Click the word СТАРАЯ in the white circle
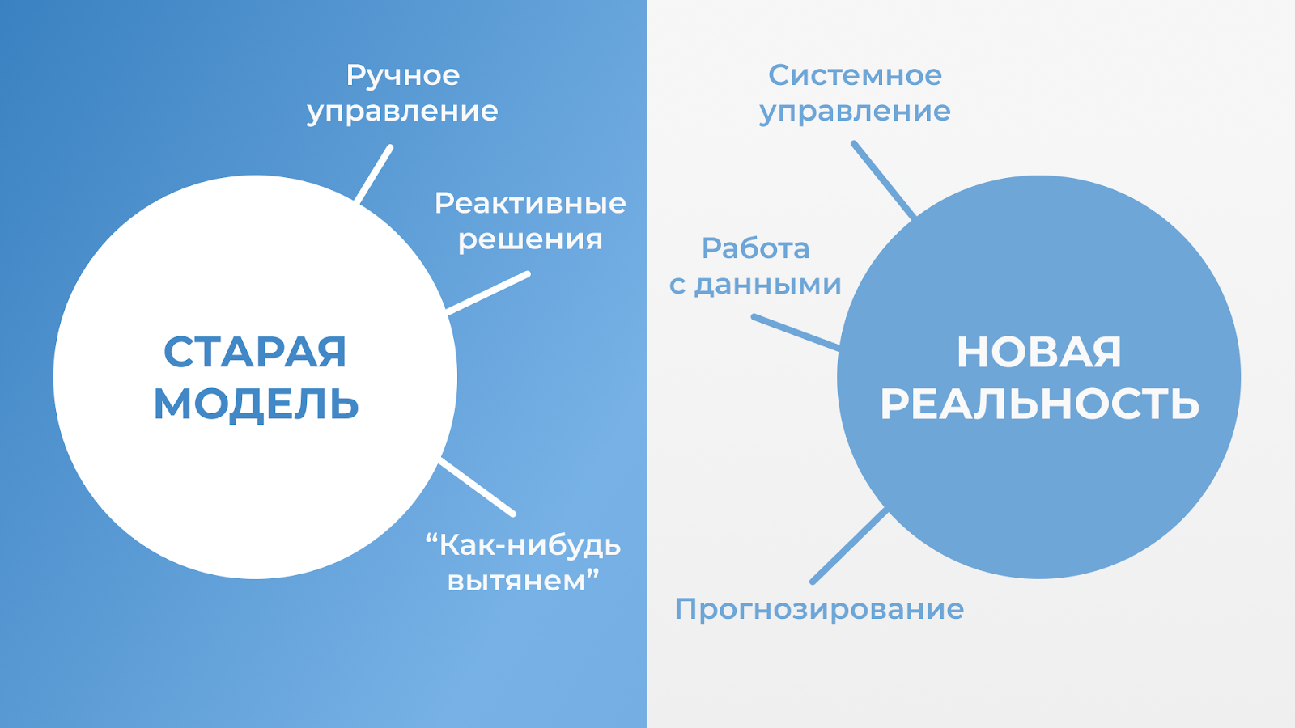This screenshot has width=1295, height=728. click(255, 352)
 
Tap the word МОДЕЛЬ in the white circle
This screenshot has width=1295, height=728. click(256, 404)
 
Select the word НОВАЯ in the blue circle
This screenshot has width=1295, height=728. click(1039, 352)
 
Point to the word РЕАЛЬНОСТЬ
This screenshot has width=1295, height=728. click(1039, 404)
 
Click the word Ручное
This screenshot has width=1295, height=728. click(403, 77)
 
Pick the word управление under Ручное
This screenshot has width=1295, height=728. click(402, 112)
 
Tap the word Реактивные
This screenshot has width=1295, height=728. click(530, 203)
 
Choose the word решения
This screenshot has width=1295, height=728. click(530, 239)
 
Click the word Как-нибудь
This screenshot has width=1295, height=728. click(530, 545)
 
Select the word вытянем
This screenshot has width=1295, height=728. click(517, 582)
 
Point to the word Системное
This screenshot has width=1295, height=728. click(855, 75)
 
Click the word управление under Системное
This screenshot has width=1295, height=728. click(855, 112)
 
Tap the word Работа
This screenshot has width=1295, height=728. click(755, 248)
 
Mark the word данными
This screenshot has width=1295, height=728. click(768, 285)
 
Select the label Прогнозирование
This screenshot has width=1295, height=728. click(819, 610)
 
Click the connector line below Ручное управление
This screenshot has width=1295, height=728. click(373, 175)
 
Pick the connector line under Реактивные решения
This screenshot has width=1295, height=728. click(488, 293)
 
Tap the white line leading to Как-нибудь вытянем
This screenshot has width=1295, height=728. click(477, 487)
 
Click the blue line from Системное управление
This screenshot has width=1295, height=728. click(883, 180)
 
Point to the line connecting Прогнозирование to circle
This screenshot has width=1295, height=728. click(849, 545)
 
